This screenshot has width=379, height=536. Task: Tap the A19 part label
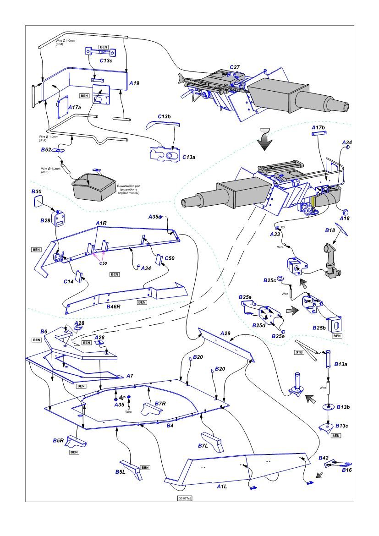tap(134, 83)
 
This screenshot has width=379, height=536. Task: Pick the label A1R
tap(101, 223)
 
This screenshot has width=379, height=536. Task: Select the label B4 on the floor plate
tap(170, 427)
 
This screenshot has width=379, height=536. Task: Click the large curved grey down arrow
tap(265, 138)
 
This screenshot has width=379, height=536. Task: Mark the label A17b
tap(318, 127)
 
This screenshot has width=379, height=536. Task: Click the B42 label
tap(324, 458)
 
